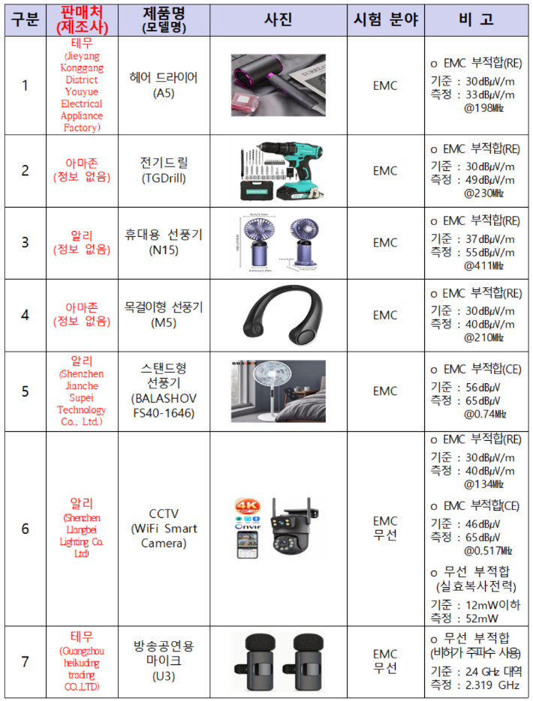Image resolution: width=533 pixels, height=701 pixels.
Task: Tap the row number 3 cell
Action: [x=25, y=243]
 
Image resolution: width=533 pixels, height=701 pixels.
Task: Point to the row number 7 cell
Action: [x=25, y=661]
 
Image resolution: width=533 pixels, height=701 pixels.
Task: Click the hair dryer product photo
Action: [x=278, y=85]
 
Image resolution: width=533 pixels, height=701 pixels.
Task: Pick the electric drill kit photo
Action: [x=278, y=170]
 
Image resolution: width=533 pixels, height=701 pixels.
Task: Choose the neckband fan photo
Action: [x=278, y=315]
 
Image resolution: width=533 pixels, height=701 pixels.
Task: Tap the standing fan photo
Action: [x=278, y=391]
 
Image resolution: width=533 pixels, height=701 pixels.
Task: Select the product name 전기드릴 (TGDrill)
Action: [x=164, y=170]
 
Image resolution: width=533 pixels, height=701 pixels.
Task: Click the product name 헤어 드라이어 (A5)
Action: [x=164, y=85]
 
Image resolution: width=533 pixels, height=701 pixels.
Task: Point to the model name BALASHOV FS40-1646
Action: [x=164, y=405]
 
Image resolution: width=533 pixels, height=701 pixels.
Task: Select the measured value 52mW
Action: [x=483, y=618]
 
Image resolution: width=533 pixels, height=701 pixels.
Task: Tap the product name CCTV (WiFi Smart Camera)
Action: [x=164, y=528]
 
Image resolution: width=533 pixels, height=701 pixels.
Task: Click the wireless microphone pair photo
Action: [x=278, y=661]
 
